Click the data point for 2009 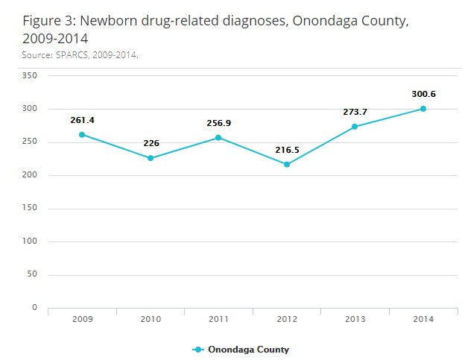82,135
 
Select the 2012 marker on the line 287,164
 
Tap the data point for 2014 423,109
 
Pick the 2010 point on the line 151,158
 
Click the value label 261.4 82,120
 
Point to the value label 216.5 287,150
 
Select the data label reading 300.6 423,94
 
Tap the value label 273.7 355,112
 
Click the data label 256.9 218,123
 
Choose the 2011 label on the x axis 218,319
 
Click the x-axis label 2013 355,319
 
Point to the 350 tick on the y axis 30,76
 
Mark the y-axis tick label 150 30,209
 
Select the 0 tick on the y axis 34,308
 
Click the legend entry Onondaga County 247,350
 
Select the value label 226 151,144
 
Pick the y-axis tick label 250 30,142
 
